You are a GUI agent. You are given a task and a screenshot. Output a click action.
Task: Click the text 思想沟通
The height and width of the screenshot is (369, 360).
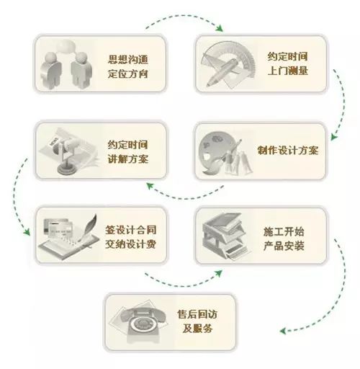tap(127, 59)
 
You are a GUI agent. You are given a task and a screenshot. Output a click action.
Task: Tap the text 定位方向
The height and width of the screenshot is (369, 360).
tap(127, 74)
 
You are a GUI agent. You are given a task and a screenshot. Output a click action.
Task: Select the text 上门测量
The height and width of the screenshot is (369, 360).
tap(288, 71)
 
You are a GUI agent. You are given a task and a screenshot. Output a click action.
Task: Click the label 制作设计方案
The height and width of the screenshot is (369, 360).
tap(288, 150)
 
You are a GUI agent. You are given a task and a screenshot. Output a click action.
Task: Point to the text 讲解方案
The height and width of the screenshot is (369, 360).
tap(127, 159)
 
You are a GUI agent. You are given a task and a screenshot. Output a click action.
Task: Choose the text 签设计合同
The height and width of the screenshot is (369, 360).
tap(131, 230)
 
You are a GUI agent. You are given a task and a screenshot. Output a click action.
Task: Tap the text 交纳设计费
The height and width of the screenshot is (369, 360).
tap(131, 244)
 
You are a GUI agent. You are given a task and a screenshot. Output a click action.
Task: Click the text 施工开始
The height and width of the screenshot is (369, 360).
tap(284, 231)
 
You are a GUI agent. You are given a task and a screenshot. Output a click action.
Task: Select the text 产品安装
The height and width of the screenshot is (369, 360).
tap(284, 246)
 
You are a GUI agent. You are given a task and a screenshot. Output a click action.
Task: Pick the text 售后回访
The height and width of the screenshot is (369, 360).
tap(197, 314)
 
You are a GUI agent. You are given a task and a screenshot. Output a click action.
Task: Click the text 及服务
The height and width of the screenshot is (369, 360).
tap(197, 329)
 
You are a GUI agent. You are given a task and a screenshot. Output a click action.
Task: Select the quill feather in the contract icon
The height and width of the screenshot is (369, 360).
tap(89, 228)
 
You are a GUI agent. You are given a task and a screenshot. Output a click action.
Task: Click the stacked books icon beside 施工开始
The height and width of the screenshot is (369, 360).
tap(225, 236)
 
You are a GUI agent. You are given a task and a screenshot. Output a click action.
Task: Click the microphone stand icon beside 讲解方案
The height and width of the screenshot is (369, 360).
tap(64, 154)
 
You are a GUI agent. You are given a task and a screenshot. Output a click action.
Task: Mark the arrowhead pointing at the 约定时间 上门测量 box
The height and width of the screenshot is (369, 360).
tap(220, 28)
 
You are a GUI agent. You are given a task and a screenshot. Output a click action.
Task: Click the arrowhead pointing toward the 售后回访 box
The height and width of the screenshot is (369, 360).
tap(283, 331)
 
